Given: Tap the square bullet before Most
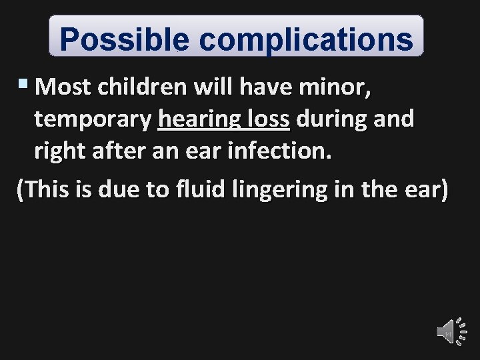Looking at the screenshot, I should tap(25, 84).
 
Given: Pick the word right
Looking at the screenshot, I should tap(57, 153).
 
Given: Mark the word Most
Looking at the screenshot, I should tap(64, 87).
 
